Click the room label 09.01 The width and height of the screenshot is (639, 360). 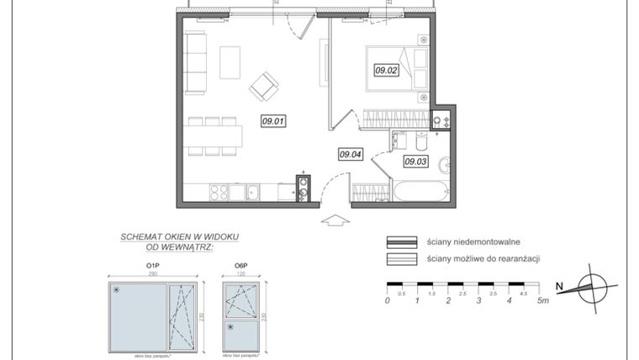point(273,120)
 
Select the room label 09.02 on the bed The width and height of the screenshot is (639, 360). point(385,71)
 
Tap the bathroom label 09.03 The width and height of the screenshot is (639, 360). point(416,161)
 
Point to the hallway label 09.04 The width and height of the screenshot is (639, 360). point(350,154)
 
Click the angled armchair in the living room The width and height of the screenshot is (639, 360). point(263,84)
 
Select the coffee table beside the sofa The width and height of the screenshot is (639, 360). point(230,61)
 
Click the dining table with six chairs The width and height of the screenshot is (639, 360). point(214,135)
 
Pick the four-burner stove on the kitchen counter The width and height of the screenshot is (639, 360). point(218,193)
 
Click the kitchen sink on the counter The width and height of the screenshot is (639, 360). point(251,193)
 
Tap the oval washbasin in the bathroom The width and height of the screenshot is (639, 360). point(446,163)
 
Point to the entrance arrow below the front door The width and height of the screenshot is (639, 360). point(335,220)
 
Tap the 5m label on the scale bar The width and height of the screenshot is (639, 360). point(544,300)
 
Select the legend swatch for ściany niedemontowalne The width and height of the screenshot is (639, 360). point(402,241)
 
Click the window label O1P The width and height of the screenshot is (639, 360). point(152,267)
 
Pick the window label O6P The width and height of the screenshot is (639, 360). point(240,267)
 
